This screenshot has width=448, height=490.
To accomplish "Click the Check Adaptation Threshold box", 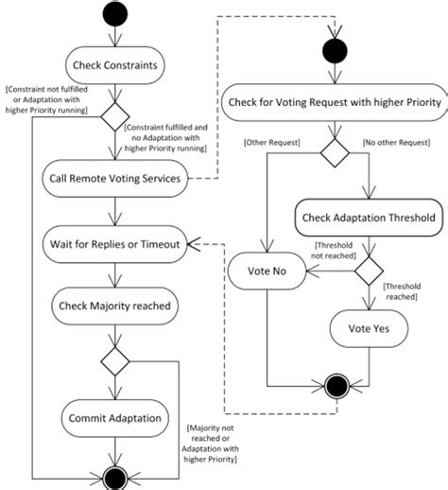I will pyautogui.click(x=368, y=218).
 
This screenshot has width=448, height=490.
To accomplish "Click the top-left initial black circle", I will pyautogui.click(x=113, y=12).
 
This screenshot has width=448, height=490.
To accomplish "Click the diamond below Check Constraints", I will pyautogui.click(x=113, y=118).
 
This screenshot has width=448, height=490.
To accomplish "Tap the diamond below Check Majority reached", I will pyautogui.click(x=113, y=360).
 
